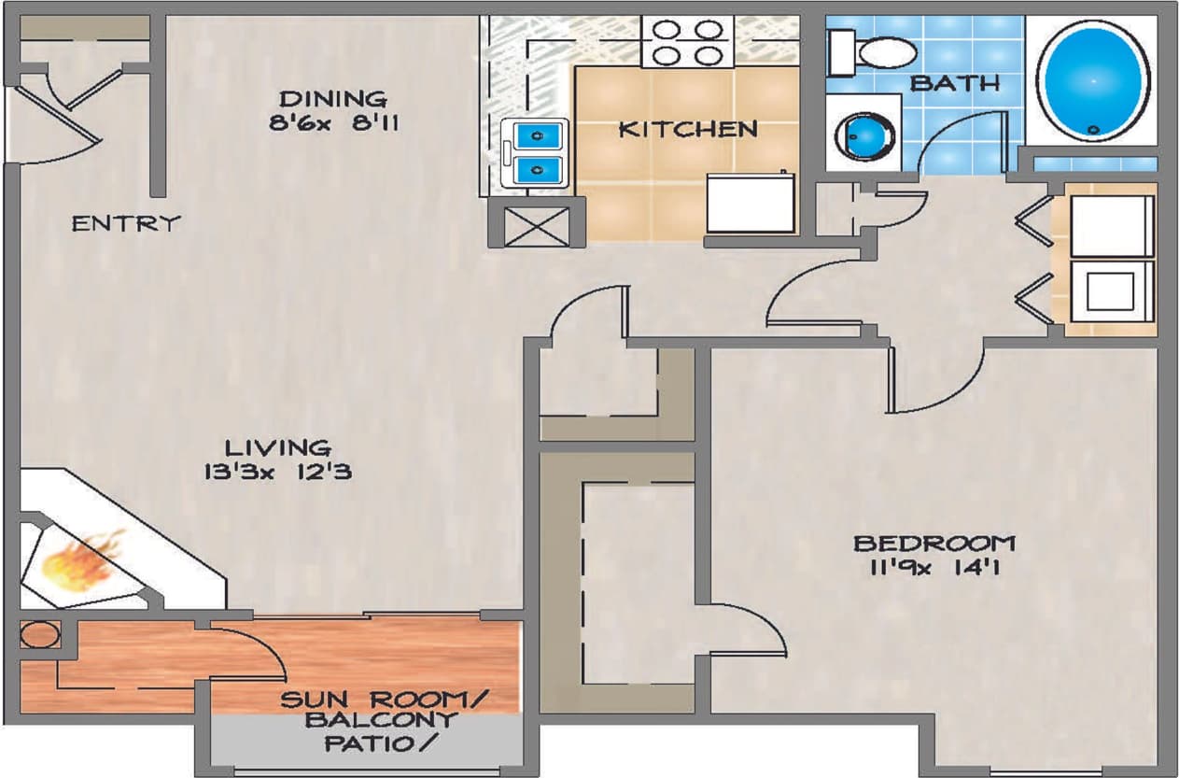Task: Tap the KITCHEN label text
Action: pos(688,129)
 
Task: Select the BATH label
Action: pos(954,83)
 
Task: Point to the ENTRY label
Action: pos(125,224)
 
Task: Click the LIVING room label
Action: pos(277,448)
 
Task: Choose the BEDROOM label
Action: pos(934,543)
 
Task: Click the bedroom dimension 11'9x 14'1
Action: pos(934,566)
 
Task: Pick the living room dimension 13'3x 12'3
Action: pos(277,472)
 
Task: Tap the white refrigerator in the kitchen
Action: pos(752,202)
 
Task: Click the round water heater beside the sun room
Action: pos(40,635)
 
